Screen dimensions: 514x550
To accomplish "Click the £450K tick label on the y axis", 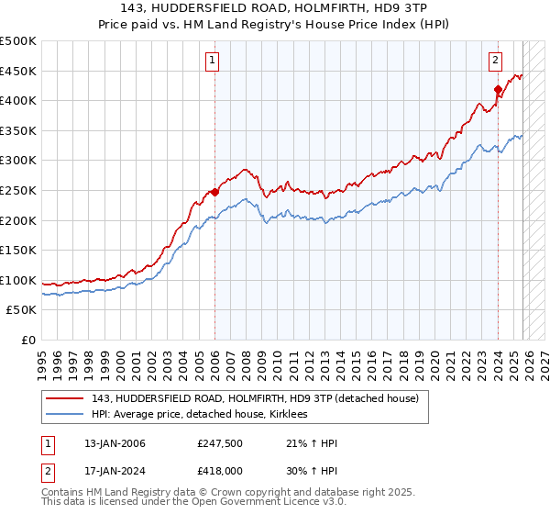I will pos(18,71).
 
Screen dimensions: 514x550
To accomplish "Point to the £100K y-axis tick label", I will pos(18,280).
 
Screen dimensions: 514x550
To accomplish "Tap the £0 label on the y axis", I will pos(27,340).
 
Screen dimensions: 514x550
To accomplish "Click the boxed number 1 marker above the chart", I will pos(213,61).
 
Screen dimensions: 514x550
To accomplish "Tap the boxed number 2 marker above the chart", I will pos(495,61).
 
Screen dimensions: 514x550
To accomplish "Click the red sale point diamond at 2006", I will pos(214,192).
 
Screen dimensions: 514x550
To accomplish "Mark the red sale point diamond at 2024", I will pos(498,90).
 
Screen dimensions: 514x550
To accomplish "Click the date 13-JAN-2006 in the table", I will pos(115,443).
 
